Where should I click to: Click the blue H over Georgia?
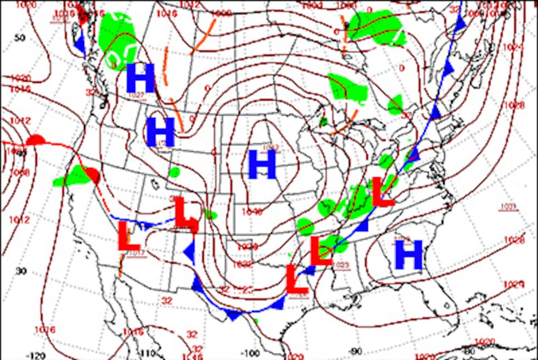[409, 255]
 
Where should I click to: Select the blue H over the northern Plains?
[261, 165]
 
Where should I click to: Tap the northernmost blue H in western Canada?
[141, 78]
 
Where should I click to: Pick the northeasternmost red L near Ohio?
[383, 192]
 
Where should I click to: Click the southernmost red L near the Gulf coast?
[296, 279]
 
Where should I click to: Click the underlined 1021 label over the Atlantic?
[509, 207]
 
